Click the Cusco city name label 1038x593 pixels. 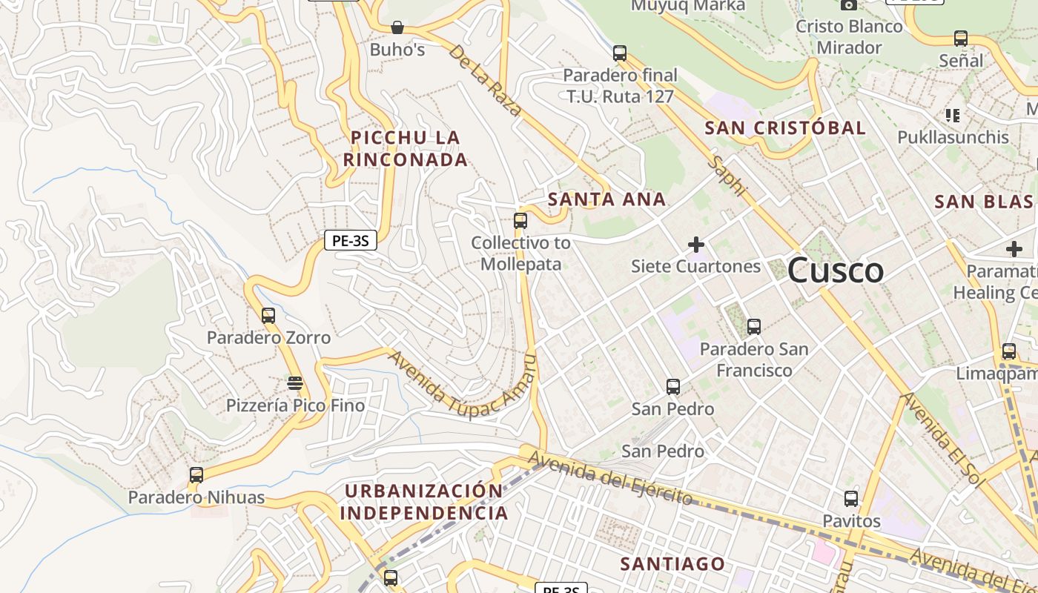point(835,271)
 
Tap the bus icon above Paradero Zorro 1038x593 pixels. point(268,316)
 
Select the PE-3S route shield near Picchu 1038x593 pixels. point(351,240)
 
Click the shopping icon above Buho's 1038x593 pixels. point(397,28)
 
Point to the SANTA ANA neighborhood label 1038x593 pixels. point(606,199)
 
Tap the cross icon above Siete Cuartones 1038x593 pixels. point(695,244)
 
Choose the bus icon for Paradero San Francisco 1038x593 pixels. point(754,326)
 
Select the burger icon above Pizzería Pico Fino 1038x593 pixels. point(295,383)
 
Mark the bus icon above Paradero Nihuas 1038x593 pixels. point(196,475)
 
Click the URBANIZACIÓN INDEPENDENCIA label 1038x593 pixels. point(425,502)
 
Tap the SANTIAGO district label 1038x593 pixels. point(672,564)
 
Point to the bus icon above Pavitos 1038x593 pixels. point(851,499)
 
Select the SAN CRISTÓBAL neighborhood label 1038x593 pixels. point(785,128)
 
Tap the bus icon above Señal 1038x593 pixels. point(961,39)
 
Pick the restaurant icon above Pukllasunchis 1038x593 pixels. point(953,115)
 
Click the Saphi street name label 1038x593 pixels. point(726,175)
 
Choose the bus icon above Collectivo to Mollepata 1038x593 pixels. point(520,220)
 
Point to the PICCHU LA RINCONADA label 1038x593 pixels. point(406,148)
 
